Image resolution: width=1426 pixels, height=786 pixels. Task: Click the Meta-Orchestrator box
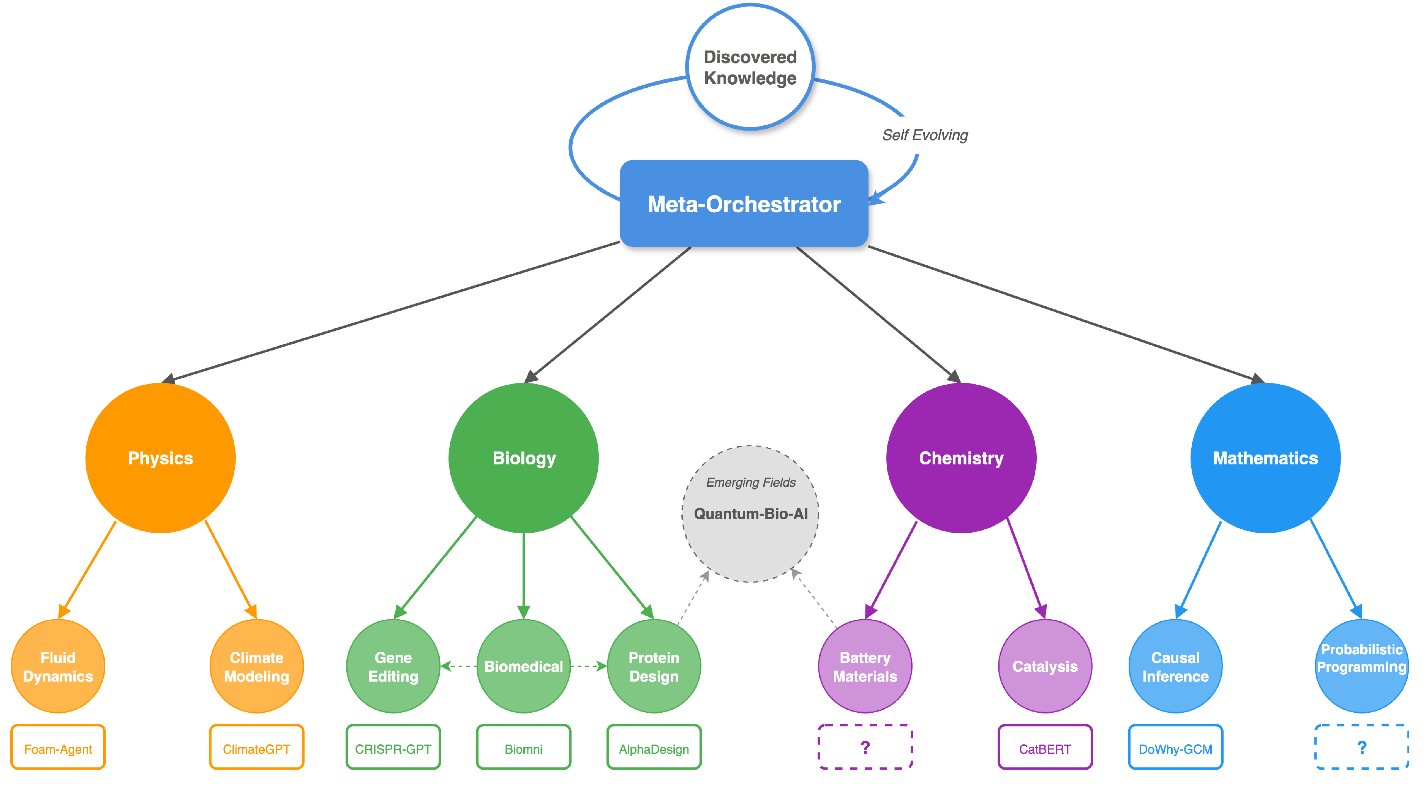click(x=744, y=204)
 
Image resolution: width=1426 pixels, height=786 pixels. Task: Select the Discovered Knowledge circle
click(x=750, y=67)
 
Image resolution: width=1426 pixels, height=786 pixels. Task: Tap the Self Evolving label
click(x=924, y=135)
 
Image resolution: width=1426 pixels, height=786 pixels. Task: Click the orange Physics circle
click(x=161, y=458)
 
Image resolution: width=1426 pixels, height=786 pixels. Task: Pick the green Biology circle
click(x=524, y=458)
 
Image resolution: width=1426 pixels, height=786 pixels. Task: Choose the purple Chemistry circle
click(x=961, y=458)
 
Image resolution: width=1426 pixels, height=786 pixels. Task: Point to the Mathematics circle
click(x=1265, y=458)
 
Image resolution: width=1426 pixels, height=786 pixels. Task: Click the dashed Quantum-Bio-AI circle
click(x=750, y=514)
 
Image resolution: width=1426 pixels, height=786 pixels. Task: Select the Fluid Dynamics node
click(x=58, y=666)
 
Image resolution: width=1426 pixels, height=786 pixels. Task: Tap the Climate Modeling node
click(x=256, y=666)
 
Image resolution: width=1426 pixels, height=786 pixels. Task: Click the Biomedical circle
click(x=524, y=666)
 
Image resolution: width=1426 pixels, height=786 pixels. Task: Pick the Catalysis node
click(x=1045, y=666)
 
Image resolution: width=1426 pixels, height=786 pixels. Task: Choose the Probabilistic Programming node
click(x=1361, y=666)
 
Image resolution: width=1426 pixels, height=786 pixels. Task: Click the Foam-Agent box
click(x=58, y=748)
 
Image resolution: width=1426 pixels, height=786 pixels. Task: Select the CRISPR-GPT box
click(x=393, y=748)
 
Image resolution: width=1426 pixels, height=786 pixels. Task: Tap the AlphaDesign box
click(x=654, y=748)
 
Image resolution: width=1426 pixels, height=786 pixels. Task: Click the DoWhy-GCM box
click(x=1175, y=748)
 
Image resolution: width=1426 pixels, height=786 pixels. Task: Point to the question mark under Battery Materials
click(x=865, y=747)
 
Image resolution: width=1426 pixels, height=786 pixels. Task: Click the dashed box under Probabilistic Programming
click(x=1361, y=747)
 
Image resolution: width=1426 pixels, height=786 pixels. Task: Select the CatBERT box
click(x=1045, y=748)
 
